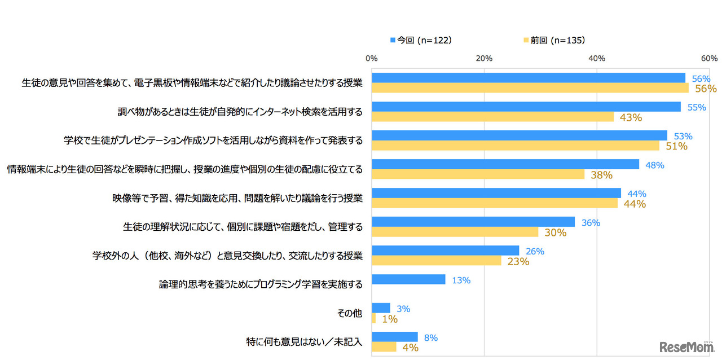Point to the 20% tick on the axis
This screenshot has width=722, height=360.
point(484,58)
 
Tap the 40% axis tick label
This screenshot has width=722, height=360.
point(597,58)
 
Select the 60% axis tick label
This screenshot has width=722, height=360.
point(709,58)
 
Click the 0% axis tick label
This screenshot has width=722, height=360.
point(371,58)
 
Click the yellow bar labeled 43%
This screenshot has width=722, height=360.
point(492,117)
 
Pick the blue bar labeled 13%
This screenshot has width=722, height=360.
point(408,279)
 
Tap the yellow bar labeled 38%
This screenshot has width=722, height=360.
point(478,174)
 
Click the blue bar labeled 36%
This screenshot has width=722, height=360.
point(473,222)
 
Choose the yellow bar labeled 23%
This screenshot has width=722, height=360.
point(436,261)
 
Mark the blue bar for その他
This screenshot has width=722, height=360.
point(381,308)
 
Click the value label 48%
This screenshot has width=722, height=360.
point(655,165)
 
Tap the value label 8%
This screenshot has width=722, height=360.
point(430,338)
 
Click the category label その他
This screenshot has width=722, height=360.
point(350,313)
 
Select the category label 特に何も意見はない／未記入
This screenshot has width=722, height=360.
point(304,342)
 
